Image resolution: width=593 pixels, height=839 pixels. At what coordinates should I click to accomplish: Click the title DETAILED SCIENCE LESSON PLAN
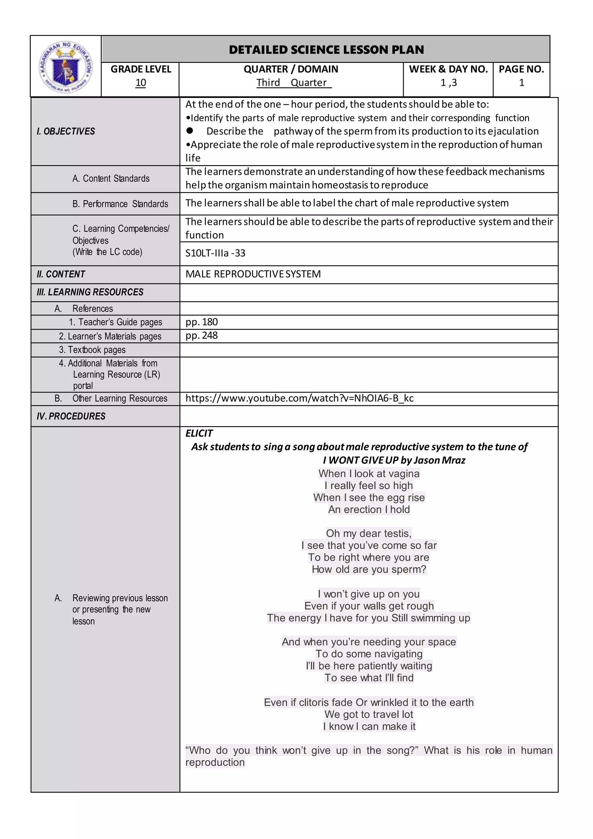(x=326, y=50)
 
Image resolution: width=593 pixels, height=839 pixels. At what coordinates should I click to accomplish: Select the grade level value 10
(x=141, y=83)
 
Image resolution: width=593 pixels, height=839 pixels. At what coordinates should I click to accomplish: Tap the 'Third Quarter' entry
(x=294, y=83)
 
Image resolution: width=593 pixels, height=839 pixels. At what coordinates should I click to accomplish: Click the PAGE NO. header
(x=521, y=69)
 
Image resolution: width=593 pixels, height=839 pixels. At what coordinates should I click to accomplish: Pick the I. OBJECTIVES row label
(x=66, y=131)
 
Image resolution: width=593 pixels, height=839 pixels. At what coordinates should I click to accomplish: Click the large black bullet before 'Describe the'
(x=190, y=130)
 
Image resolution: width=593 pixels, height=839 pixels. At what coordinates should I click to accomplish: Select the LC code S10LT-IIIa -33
(x=215, y=253)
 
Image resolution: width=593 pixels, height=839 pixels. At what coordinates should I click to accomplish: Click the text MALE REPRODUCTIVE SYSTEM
(x=253, y=274)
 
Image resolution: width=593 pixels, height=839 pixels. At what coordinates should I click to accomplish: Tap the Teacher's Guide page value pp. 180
(x=202, y=322)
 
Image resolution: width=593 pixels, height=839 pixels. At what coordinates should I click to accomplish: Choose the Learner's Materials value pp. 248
(x=202, y=335)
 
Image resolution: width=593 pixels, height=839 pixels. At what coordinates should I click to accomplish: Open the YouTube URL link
(x=299, y=398)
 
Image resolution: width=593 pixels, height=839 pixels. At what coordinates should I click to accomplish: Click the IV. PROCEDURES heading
(x=71, y=416)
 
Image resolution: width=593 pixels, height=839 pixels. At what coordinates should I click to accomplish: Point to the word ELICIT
(x=199, y=433)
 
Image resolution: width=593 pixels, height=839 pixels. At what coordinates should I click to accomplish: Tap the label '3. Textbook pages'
(x=92, y=350)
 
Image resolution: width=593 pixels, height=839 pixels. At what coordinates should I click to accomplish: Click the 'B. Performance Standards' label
(x=120, y=204)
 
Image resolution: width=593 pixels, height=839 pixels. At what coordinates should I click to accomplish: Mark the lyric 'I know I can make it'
(x=369, y=726)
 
